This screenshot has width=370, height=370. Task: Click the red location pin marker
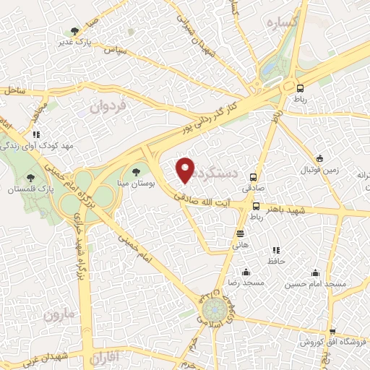pyautogui.click(x=186, y=170)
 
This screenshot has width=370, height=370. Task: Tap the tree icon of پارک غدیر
pyautogui.click(x=76, y=30)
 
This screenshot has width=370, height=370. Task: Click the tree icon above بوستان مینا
pyautogui.click(x=137, y=172)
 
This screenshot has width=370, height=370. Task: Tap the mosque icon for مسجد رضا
pyautogui.click(x=246, y=272)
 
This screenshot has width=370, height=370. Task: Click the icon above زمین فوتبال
pyautogui.click(x=320, y=159)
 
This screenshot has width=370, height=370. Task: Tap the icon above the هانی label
pyautogui.click(x=240, y=233)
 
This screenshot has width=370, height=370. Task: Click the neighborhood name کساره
pyautogui.click(x=282, y=23)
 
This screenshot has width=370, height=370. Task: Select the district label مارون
pyautogui.click(x=59, y=316)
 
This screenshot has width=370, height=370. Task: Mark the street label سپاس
pyautogui.click(x=115, y=51)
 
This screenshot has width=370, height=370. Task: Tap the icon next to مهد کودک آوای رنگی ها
pyautogui.click(x=36, y=134)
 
